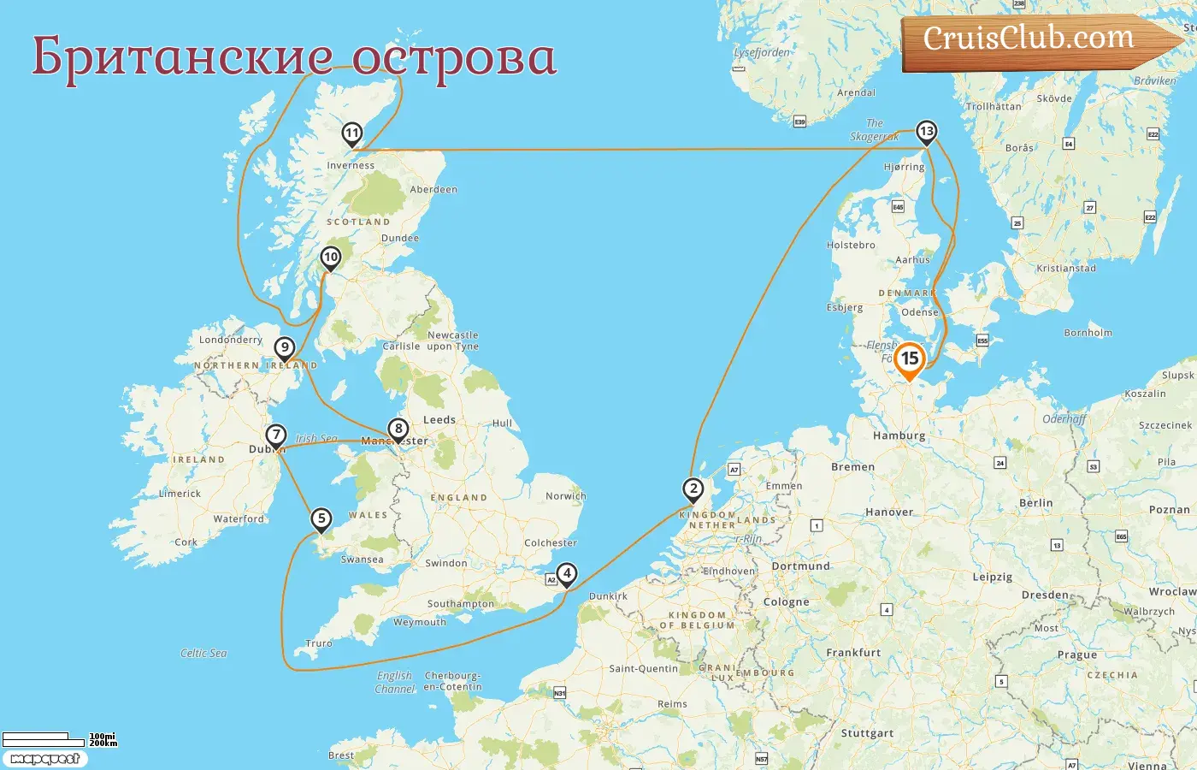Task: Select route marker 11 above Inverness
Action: pos(351,134)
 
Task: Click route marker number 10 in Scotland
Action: pos(330,258)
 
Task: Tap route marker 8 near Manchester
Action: pos(398,429)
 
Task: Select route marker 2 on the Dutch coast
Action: pos(693,490)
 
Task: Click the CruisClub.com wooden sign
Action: pos(1029,40)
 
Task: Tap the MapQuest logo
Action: pos(44,758)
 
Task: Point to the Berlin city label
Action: pos(1035,503)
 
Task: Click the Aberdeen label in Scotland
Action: pos(433,189)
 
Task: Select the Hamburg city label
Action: pos(899,435)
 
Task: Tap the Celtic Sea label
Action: pos(203,653)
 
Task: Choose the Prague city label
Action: pos(1076,654)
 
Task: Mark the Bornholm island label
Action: pos(1088,333)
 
